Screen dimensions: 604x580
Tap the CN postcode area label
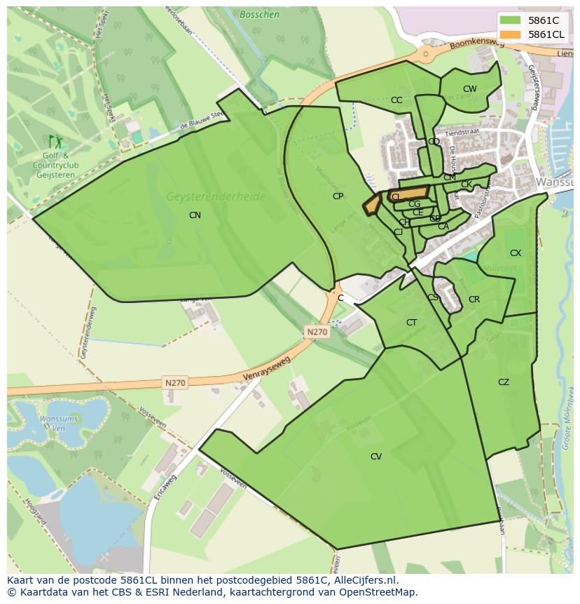click(x=195, y=215)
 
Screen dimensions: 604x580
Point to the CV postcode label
click(x=376, y=457)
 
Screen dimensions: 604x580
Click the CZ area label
click(x=504, y=382)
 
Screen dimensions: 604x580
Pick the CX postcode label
click(x=516, y=253)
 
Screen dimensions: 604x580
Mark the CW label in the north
click(x=469, y=89)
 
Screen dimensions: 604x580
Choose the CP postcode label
click(x=338, y=196)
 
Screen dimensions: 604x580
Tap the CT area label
click(x=411, y=323)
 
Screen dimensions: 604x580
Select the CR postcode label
click(x=474, y=300)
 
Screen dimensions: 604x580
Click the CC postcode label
click(x=396, y=100)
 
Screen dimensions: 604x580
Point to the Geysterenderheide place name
click(x=216, y=197)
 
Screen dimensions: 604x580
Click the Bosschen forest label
click(x=259, y=15)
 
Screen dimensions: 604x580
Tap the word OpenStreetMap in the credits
click(x=381, y=592)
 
